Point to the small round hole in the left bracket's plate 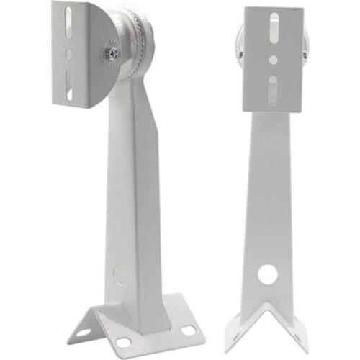pyautogui.click(x=68, y=53)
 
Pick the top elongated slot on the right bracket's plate pyautogui.click(x=273, y=29)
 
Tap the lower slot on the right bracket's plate pyautogui.click(x=273, y=91)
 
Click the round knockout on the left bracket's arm pyautogui.click(x=120, y=274)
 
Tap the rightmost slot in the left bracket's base pyautogui.click(x=189, y=330)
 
